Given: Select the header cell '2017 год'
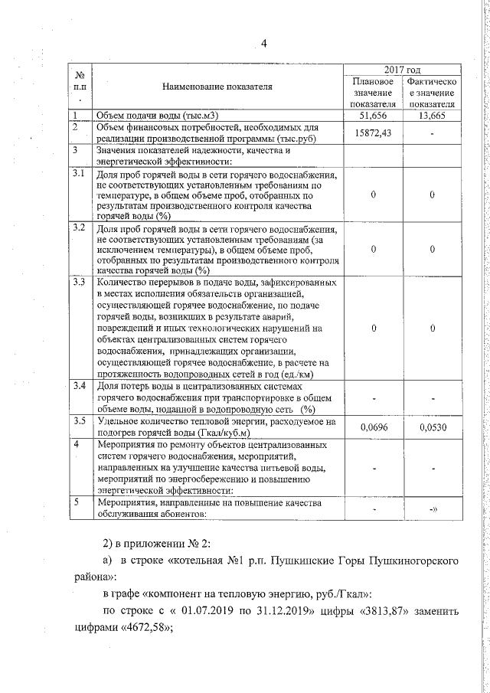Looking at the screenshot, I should pos(402,70).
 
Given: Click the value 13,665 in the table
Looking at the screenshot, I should pos(432,115).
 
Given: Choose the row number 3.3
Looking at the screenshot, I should pos(78,283).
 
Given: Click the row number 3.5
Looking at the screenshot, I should pos(78,421).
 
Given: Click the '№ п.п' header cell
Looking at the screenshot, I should pos(79,87).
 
